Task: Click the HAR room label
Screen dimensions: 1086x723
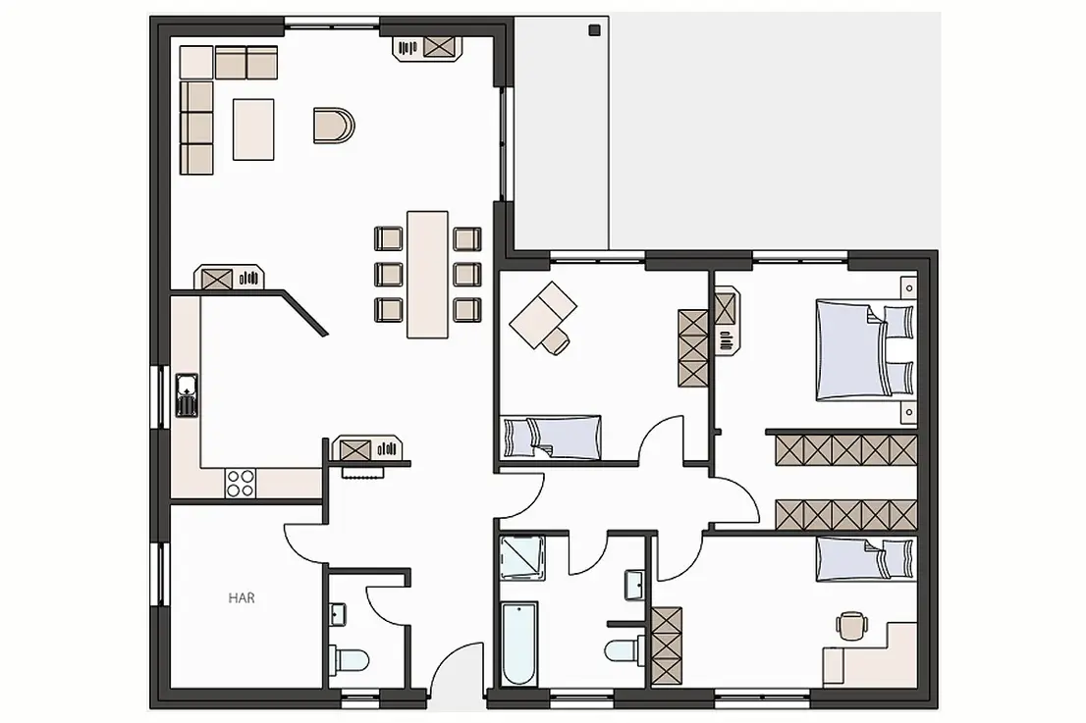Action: pyautogui.click(x=242, y=597)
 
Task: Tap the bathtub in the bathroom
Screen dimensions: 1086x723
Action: pyautogui.click(x=518, y=644)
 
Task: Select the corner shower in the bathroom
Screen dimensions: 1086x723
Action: pyautogui.click(x=522, y=557)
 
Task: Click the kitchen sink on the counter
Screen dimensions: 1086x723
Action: pyautogui.click(x=187, y=395)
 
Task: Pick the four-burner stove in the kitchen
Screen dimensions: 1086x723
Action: pyautogui.click(x=241, y=483)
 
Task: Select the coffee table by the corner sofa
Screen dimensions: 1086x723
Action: pyautogui.click(x=253, y=129)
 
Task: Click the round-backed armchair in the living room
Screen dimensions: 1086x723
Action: pyautogui.click(x=333, y=126)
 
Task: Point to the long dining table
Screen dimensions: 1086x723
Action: pyautogui.click(x=427, y=275)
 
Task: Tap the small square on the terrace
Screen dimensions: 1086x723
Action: pyautogui.click(x=593, y=29)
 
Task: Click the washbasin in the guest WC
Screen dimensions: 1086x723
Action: pyautogui.click(x=338, y=614)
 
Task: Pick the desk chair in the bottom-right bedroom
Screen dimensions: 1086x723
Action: pyautogui.click(x=851, y=625)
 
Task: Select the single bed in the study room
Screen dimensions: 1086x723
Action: pyautogui.click(x=551, y=437)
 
